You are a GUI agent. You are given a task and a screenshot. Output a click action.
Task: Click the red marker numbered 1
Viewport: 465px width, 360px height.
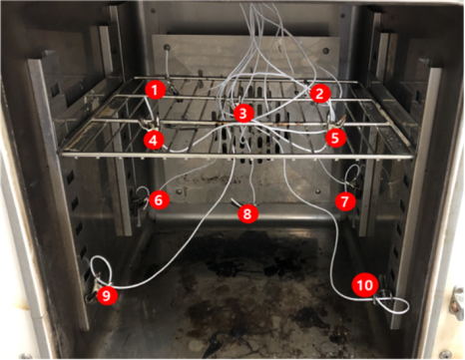pyautogui.click(x=155, y=90)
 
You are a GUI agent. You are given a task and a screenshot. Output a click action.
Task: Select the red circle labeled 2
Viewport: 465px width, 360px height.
pyautogui.click(x=319, y=94)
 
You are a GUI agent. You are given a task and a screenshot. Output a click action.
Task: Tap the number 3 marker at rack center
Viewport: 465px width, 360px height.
pyautogui.click(x=243, y=114)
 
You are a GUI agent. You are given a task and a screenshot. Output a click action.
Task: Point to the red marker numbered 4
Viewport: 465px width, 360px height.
pyautogui.click(x=154, y=140)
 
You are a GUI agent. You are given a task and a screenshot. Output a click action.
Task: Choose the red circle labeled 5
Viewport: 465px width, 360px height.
pyautogui.click(x=335, y=138)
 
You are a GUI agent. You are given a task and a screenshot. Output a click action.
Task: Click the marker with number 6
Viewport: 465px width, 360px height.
pyautogui.click(x=159, y=200)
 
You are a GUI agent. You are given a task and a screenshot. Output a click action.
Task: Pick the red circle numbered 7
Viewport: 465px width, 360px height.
pyautogui.click(x=345, y=201)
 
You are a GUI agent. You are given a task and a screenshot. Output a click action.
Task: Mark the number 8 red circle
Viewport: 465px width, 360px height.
pyautogui.click(x=247, y=213)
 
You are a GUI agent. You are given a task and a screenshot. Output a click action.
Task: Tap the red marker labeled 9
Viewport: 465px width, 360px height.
pyautogui.click(x=107, y=294)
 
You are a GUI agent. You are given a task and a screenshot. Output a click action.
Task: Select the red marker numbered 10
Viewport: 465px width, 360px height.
pyautogui.click(x=365, y=285)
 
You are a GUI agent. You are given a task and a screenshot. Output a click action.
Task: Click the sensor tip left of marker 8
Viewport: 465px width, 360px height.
pyautogui.click(x=235, y=201)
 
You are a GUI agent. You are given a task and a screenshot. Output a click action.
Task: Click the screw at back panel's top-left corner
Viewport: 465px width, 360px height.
pyautogui.click(x=167, y=47)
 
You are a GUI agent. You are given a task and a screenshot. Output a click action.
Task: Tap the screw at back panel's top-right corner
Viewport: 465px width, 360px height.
pyautogui.click(x=326, y=52)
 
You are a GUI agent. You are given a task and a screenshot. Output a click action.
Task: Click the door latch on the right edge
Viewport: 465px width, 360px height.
pyautogui.click(x=458, y=302)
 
